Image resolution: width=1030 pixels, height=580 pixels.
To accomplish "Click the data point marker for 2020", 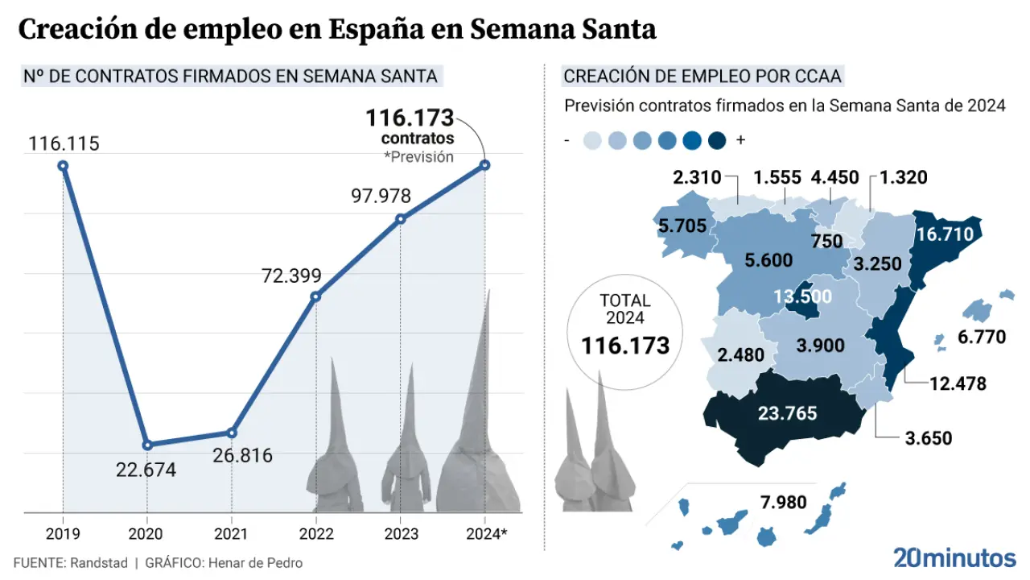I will pyautogui.click(x=147, y=445).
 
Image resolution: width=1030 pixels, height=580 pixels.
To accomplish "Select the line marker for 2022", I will pyautogui.click(x=315, y=296).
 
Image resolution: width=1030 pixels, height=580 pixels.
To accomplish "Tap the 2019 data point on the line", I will pyautogui.click(x=63, y=166).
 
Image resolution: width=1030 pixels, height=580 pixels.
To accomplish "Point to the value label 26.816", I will pyautogui.click(x=243, y=455).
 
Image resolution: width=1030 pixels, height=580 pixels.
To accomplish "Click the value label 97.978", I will pyautogui.click(x=381, y=196).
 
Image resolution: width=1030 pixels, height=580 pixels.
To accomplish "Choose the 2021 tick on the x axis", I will pyautogui.click(x=232, y=533).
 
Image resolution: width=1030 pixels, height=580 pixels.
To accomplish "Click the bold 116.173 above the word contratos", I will pyautogui.click(x=410, y=118).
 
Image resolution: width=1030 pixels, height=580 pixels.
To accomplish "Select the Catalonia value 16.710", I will pyautogui.click(x=945, y=234).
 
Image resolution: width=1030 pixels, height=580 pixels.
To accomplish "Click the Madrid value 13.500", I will pyautogui.click(x=801, y=296).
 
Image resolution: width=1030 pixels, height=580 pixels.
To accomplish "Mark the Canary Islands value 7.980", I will pyautogui.click(x=783, y=502).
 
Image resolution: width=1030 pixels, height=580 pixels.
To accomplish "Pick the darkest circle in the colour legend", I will pyautogui.click(x=717, y=140).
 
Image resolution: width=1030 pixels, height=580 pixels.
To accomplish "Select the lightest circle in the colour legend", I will pyautogui.click(x=591, y=140).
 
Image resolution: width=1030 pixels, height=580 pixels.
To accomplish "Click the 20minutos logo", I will pyautogui.click(x=954, y=557).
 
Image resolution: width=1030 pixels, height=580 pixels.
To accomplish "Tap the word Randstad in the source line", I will pyautogui.click(x=100, y=563).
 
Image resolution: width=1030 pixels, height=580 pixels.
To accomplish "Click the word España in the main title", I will pyautogui.click(x=385, y=29).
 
